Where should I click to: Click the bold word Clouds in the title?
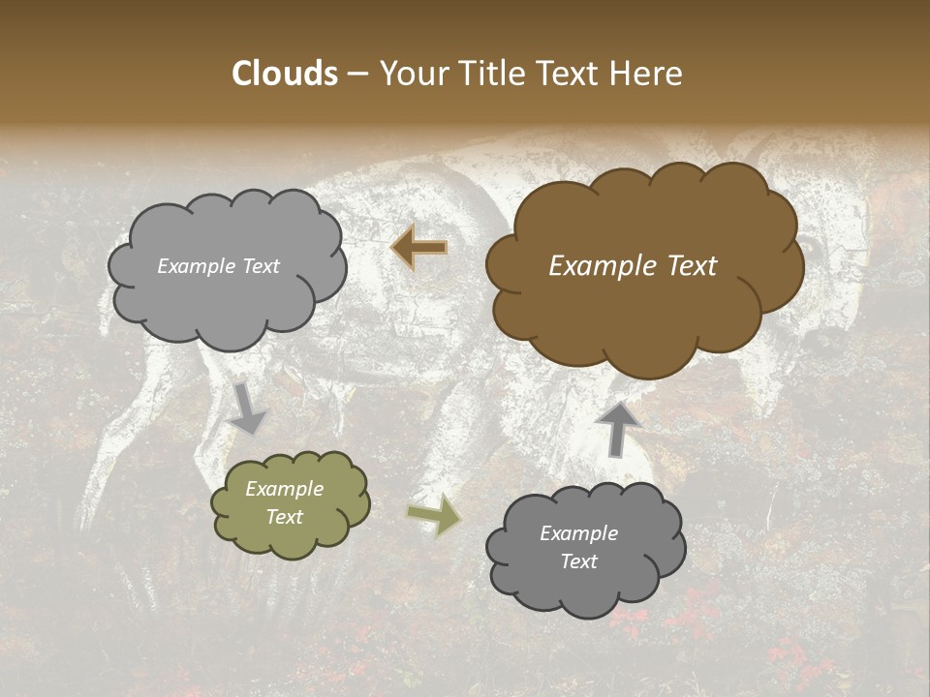(286, 74)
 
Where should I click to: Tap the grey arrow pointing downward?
(247, 408)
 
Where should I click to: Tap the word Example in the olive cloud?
(285, 489)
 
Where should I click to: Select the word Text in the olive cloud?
(285, 517)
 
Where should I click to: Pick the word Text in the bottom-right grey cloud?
(578, 561)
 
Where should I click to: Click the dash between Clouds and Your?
(356, 75)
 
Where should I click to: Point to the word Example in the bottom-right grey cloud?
(578, 533)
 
